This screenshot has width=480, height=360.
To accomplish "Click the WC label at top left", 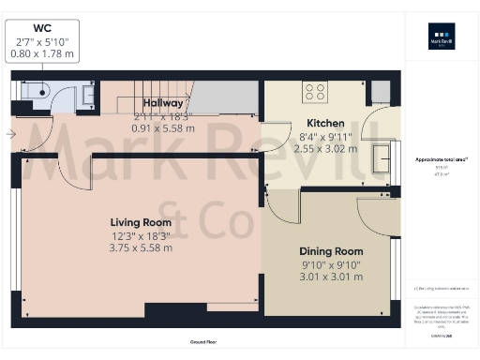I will [x=42, y=28].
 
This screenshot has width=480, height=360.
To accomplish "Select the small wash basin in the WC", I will [x=87, y=94].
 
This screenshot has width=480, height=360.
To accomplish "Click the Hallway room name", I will [x=162, y=103].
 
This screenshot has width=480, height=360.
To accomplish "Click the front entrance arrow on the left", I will [x=10, y=134].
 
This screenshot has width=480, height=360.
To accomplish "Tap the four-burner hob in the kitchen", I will [x=315, y=92].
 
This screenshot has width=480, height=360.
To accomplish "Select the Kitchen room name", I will [x=325, y=123].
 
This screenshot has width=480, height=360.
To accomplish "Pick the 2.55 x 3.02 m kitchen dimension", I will [x=325, y=148].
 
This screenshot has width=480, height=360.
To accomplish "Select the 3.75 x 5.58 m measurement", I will [x=140, y=248].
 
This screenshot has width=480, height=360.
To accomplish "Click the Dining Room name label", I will [x=330, y=251].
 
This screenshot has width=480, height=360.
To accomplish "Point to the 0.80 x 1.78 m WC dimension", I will [x=42, y=54].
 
